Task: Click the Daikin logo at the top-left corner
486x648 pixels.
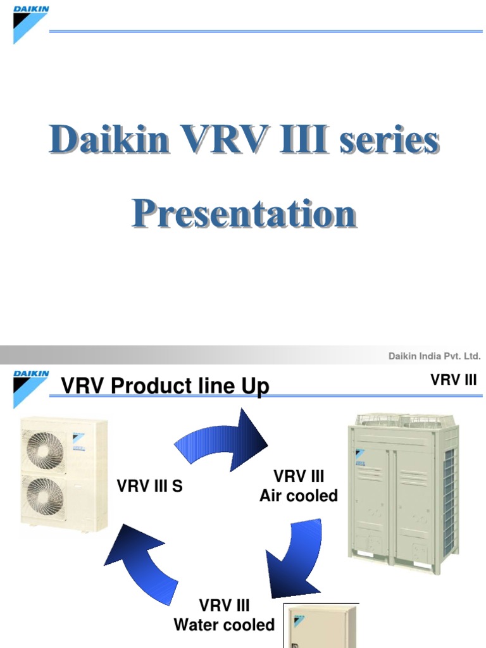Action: click(30, 23)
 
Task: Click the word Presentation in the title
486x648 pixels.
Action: click(244, 215)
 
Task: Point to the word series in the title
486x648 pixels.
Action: click(389, 140)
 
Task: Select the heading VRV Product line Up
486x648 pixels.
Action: click(165, 385)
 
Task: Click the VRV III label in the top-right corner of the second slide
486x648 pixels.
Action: click(453, 380)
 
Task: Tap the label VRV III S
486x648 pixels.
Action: click(150, 487)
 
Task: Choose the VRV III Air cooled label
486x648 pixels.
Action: click(299, 486)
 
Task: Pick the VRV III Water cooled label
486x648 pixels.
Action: click(225, 615)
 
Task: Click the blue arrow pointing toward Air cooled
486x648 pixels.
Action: click(221, 437)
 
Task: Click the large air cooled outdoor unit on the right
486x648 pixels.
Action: click(402, 490)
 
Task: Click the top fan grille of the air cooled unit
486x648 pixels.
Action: click(402, 421)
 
